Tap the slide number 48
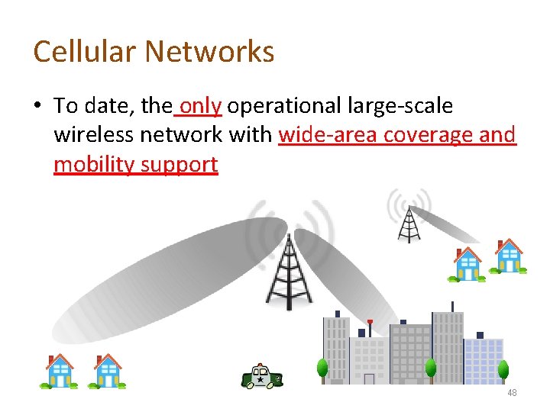(x=511, y=392)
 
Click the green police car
(x=262, y=376)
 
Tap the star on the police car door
(x=260, y=378)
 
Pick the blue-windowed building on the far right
(x=483, y=360)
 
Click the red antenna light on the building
(x=370, y=322)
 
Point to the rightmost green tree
(x=503, y=371)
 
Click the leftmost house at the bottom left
(x=59, y=371)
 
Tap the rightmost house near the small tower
(x=508, y=256)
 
